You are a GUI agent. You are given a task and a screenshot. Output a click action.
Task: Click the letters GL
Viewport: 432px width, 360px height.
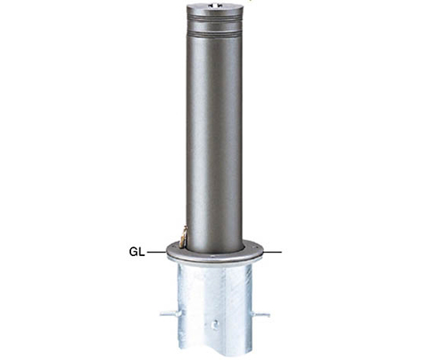(137, 252)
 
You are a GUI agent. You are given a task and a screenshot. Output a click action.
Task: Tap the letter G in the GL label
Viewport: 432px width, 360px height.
(134, 252)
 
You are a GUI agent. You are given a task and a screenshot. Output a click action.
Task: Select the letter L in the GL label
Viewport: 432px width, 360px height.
(142, 252)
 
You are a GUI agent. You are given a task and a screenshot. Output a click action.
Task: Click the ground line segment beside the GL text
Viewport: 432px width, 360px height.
(157, 252)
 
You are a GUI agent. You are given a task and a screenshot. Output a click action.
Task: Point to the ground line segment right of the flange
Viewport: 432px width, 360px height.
(273, 252)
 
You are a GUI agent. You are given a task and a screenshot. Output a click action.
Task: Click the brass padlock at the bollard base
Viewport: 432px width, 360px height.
(183, 236)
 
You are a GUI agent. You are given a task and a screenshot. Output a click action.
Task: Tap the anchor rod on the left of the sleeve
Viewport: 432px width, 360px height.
(170, 314)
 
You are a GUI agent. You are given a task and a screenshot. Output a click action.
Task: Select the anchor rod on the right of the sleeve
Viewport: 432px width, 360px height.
(261, 314)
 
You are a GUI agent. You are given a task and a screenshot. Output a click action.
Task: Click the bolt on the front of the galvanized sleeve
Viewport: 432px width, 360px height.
(215, 323)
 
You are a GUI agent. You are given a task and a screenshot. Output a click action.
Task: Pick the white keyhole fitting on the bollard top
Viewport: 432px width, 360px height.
(214, 5)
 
